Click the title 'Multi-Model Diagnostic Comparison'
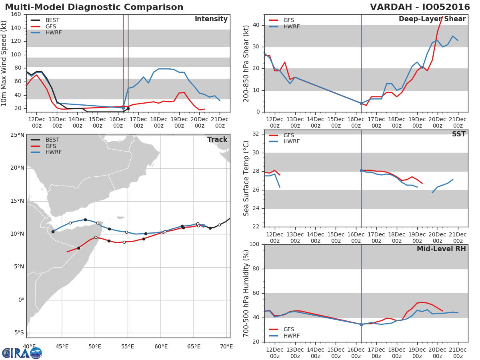pos(94,7)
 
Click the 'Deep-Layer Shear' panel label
pos(432,19)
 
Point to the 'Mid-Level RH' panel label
pos(441,249)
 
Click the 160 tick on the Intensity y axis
pos(16,14)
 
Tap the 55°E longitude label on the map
pos(128,346)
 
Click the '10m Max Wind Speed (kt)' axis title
pos(4,64)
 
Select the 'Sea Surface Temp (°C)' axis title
pos(246,178)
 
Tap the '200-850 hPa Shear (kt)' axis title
pos(246,63)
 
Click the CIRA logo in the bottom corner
pos(22,353)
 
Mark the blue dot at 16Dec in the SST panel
pos(361,170)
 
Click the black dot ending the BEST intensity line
pos(128,108)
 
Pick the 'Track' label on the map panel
pos(217,140)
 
